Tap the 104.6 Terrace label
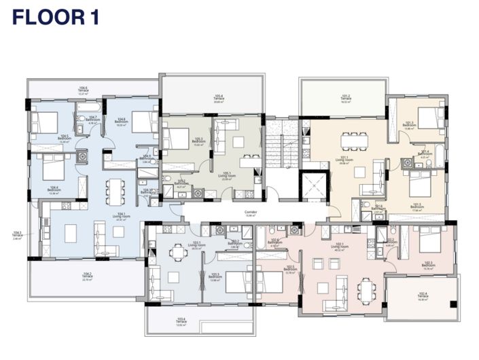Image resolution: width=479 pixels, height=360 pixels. pyautogui.click(x=83, y=90)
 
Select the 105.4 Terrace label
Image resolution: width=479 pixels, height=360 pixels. pyautogui.click(x=218, y=98)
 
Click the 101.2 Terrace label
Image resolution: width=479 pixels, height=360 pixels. pyautogui.click(x=345, y=98)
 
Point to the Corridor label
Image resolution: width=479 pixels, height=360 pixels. pyautogui.click(x=250, y=213)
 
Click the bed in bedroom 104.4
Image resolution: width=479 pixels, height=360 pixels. pyautogui.click(x=53, y=167)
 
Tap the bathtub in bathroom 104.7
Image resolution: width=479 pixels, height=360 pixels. pyautogui.click(x=89, y=107)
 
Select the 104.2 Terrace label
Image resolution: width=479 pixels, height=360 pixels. pyautogui.click(x=87, y=277)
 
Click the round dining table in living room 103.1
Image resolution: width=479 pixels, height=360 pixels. pyautogui.click(x=178, y=252)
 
